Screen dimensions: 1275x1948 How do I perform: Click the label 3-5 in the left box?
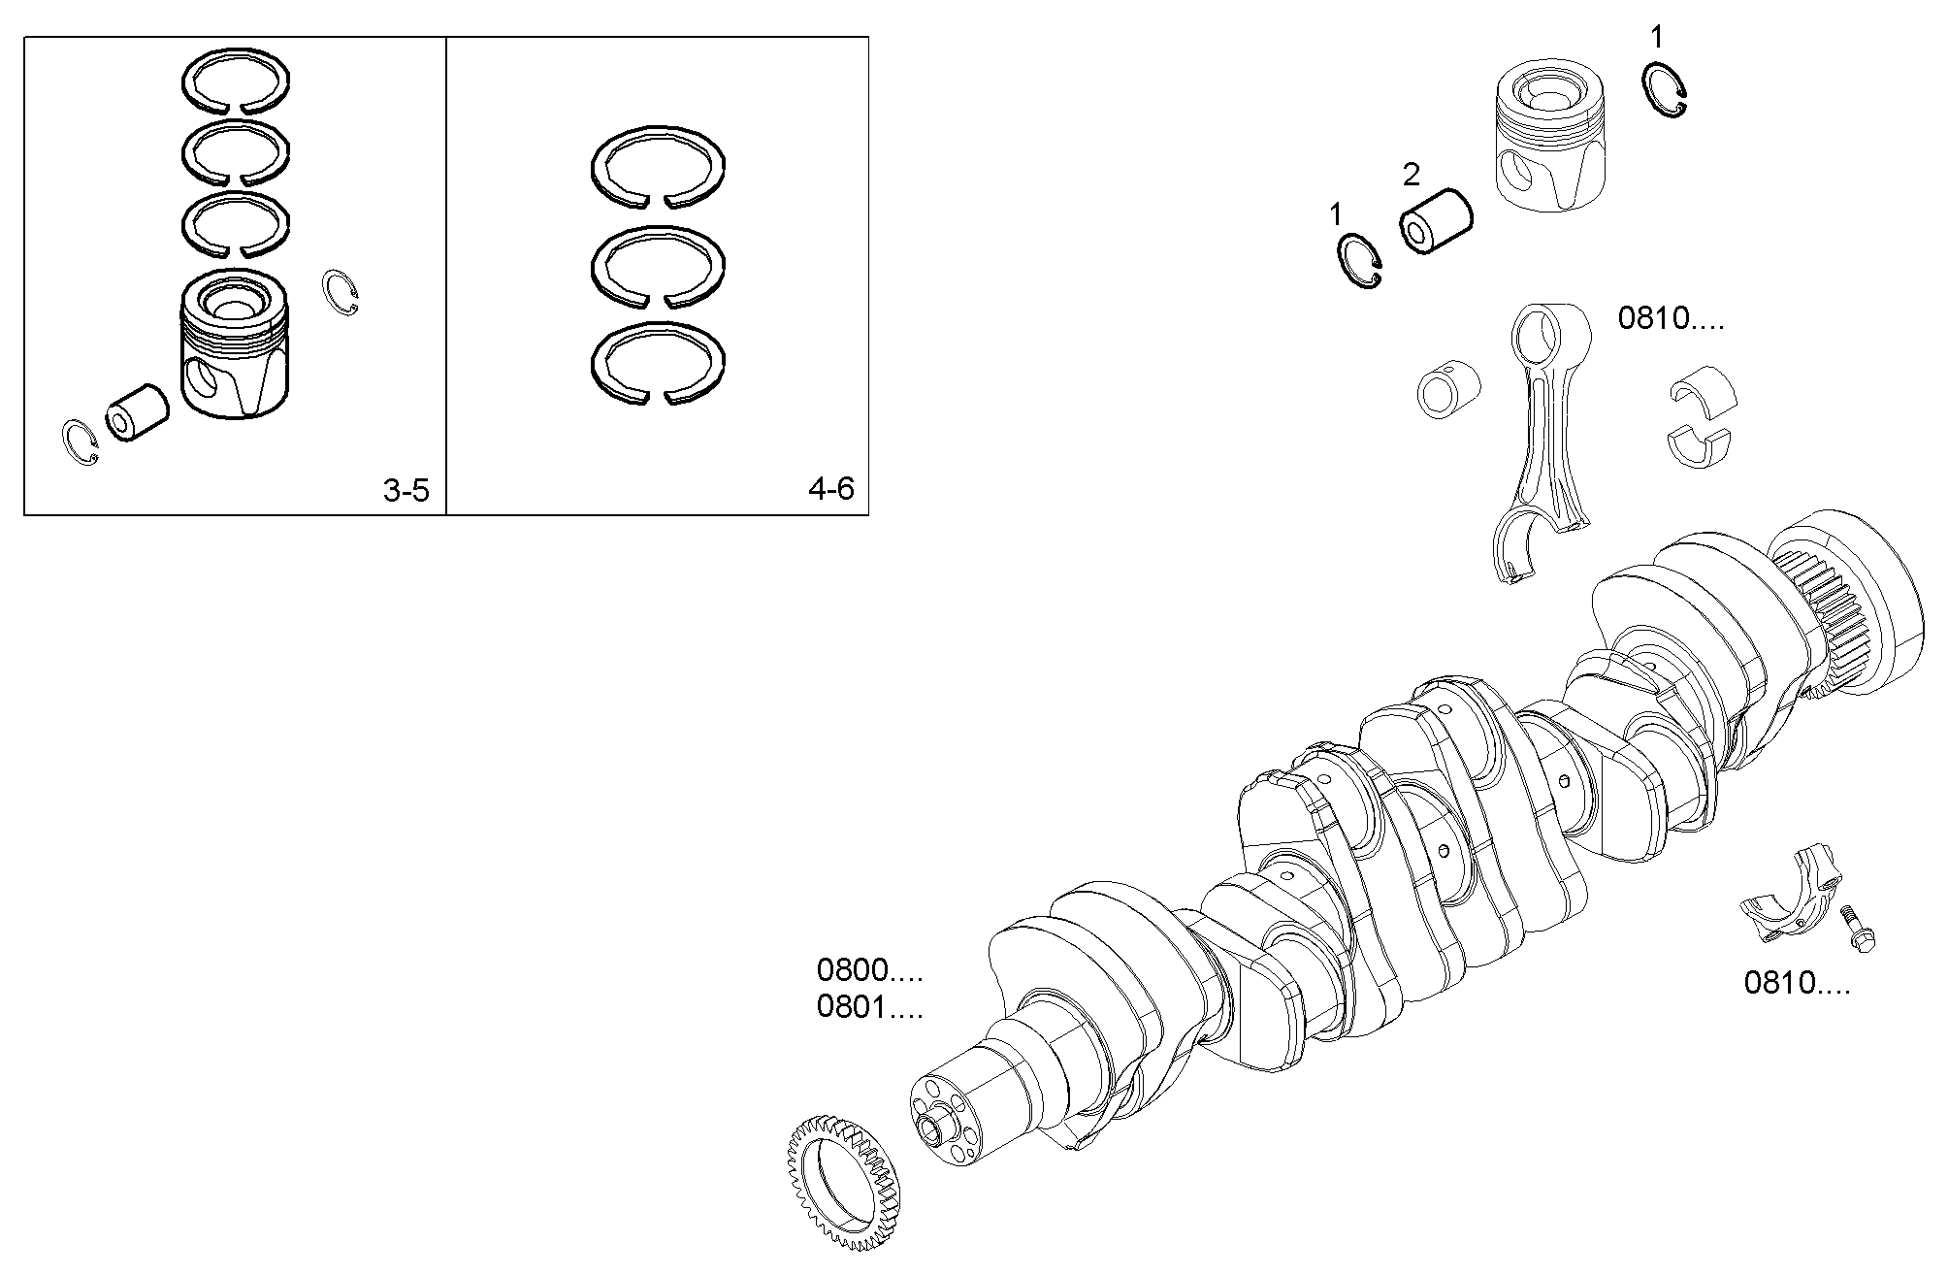tap(406, 491)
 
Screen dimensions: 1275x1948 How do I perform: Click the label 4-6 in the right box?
tap(830, 488)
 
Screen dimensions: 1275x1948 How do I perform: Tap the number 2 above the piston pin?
tap(1411, 176)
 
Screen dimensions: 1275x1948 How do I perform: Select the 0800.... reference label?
tap(869, 969)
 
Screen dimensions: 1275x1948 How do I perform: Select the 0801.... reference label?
tap(869, 1007)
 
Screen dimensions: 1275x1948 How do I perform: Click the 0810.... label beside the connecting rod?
tap(1671, 318)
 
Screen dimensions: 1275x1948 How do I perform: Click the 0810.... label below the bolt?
tap(1797, 983)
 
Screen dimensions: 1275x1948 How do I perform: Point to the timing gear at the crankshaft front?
tap(841, 1184)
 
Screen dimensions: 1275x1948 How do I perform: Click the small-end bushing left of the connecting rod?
tap(1448, 391)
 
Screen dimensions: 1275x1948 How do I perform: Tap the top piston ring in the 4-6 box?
tap(658, 167)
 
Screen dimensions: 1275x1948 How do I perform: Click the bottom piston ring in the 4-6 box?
tap(658, 364)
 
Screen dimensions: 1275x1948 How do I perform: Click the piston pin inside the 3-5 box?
tap(137, 411)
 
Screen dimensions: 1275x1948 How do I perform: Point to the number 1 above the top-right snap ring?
tap(1656, 38)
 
